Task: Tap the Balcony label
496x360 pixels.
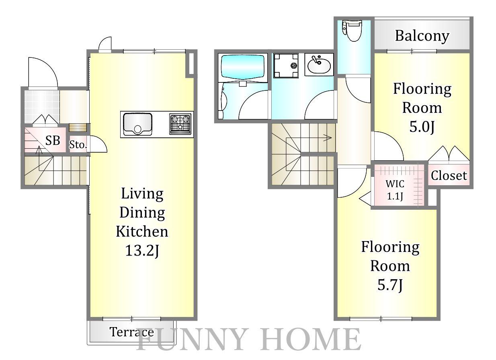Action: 422,36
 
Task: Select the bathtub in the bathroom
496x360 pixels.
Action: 243,67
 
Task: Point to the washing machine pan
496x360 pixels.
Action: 286,65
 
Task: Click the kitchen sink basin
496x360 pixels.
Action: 137,124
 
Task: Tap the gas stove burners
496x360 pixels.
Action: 180,124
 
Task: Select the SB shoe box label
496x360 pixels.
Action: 53,140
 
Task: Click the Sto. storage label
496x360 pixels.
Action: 78,145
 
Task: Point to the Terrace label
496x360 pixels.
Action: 131,332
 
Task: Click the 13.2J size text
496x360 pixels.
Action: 142,251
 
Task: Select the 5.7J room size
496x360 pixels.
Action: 390,285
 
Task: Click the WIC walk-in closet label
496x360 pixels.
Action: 395,184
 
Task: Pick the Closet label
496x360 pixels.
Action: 449,176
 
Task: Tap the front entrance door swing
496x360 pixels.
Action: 43,72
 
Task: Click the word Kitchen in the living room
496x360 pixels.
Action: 142,231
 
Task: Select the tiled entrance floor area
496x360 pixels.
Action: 42,106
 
